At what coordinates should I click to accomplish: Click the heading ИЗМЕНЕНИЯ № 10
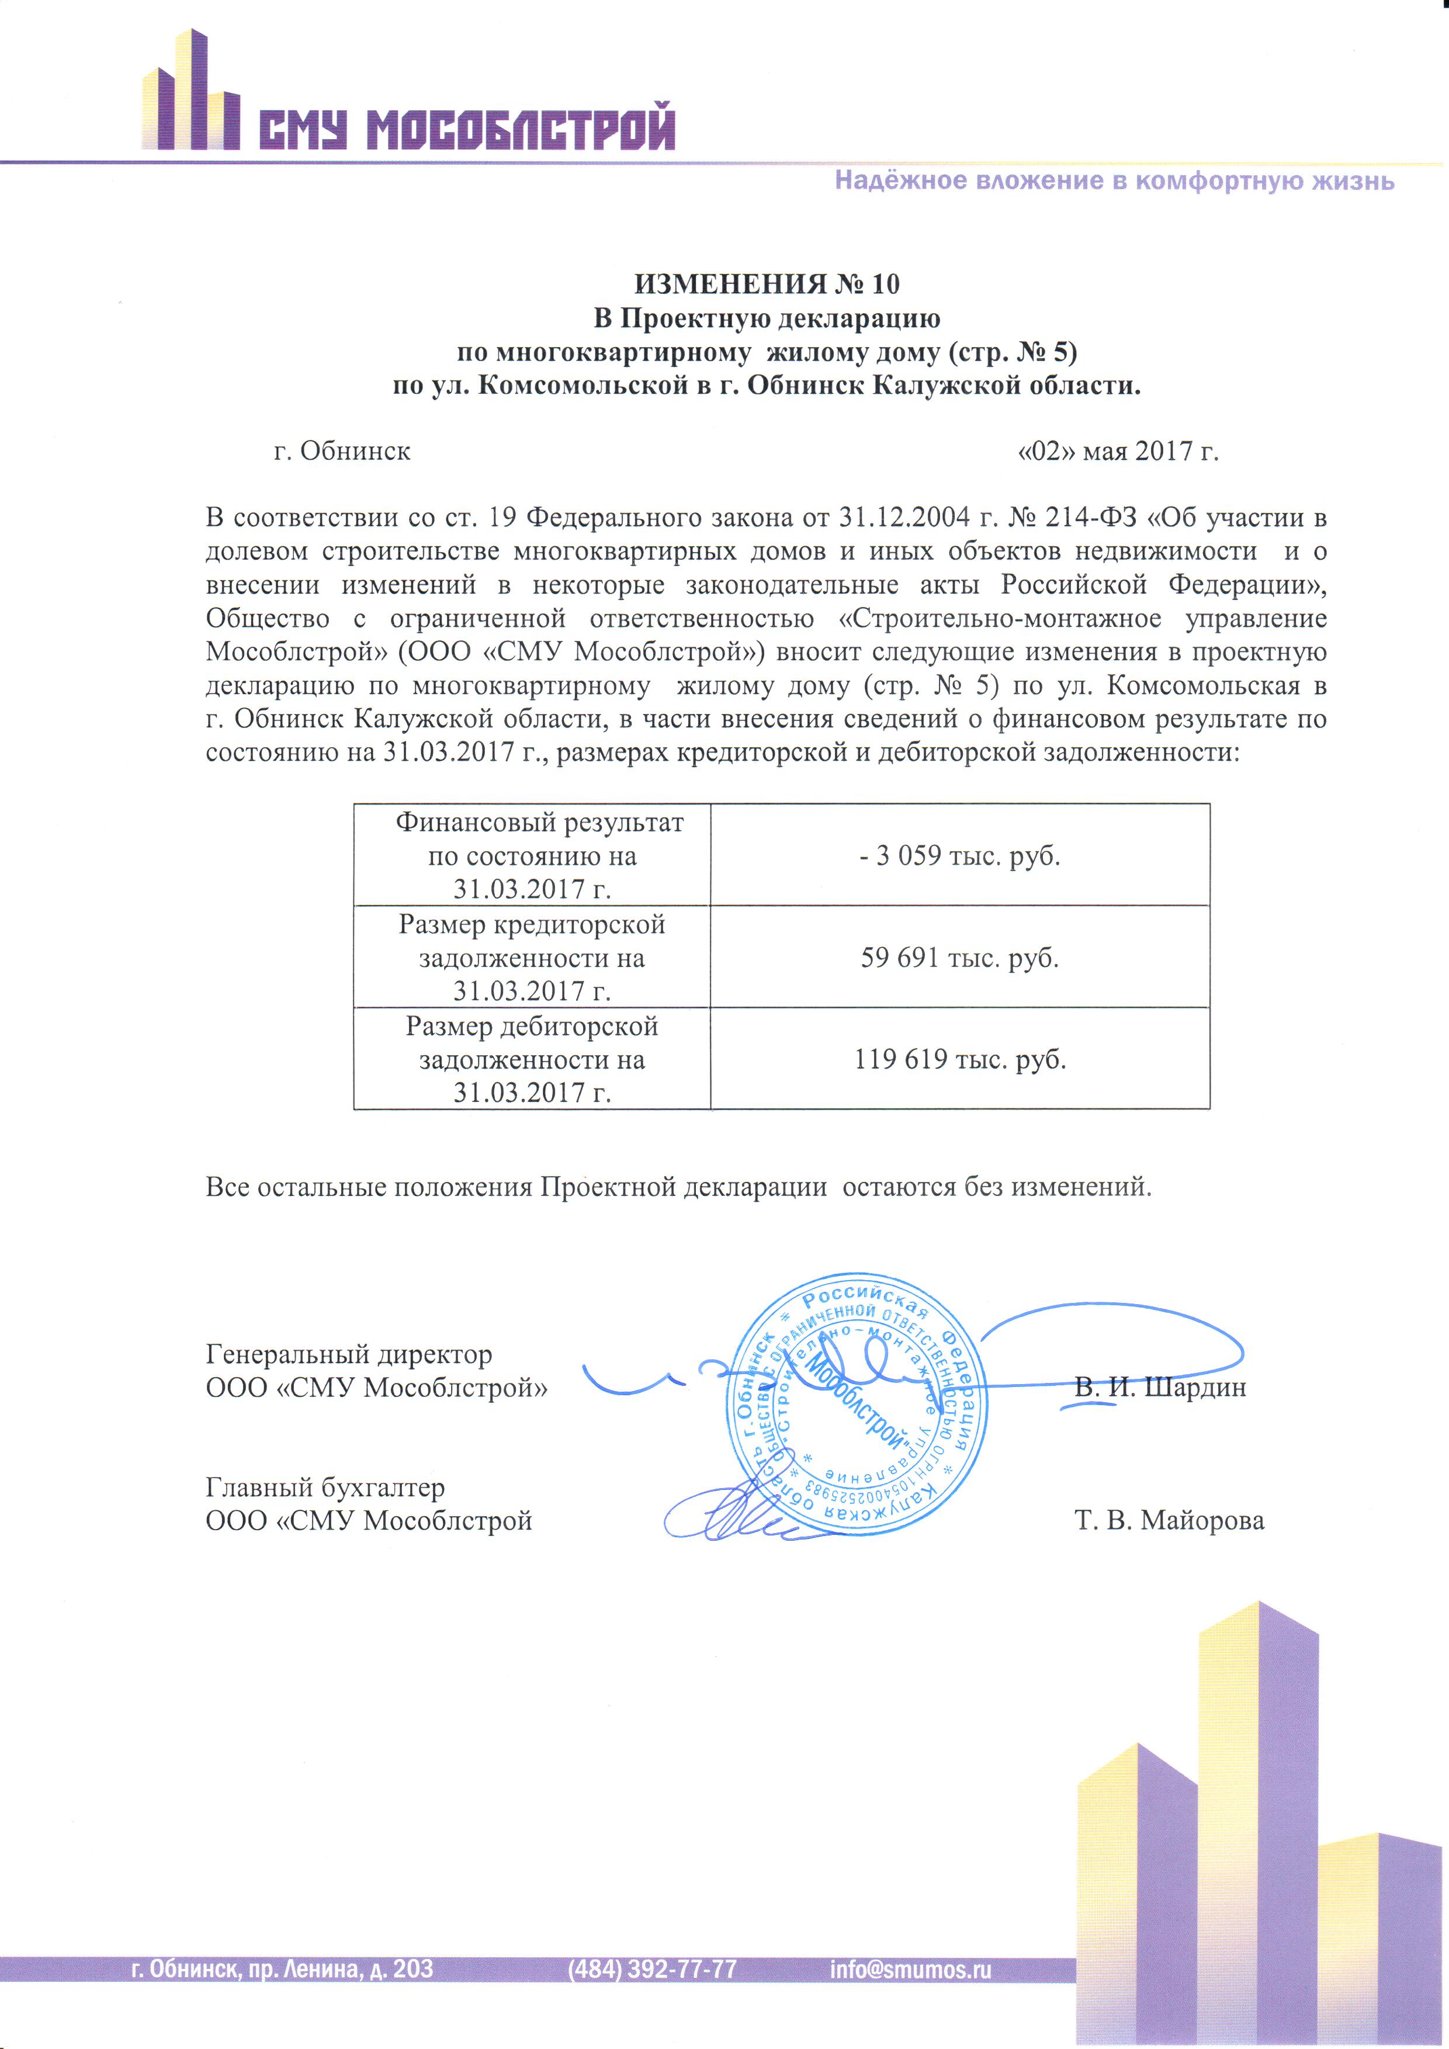pos(767,284)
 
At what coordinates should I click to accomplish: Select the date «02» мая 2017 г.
pos(1118,452)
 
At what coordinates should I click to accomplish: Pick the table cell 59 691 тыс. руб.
pos(959,958)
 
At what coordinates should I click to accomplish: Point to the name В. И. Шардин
pos(1160,1388)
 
